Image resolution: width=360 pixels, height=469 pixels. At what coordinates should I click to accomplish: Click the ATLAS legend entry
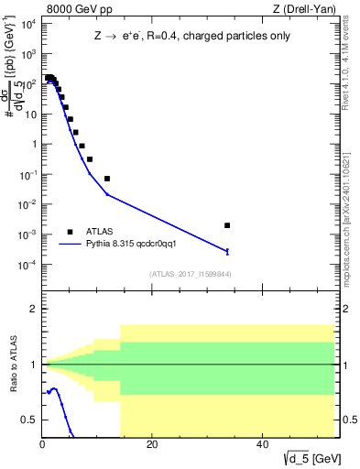[104, 232]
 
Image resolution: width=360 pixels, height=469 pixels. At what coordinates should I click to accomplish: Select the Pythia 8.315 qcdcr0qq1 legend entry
[136, 244]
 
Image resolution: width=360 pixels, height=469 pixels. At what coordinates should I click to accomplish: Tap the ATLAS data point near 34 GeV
[227, 225]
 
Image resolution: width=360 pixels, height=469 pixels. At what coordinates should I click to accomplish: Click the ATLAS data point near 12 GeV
[107, 179]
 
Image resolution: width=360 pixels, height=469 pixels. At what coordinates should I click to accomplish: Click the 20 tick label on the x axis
[152, 445]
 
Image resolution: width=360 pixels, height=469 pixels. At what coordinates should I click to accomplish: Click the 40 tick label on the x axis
[262, 445]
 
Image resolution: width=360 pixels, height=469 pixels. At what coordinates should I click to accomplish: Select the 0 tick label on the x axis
[42, 445]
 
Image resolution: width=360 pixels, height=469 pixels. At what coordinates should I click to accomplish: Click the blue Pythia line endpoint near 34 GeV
[227, 251]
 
